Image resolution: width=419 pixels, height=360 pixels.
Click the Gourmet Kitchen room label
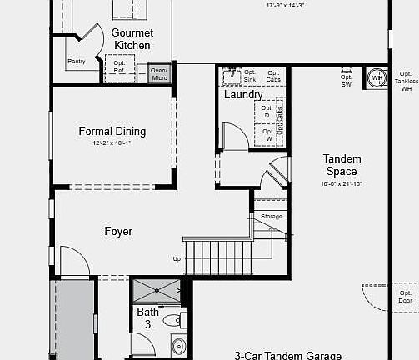pyautogui.click(x=132, y=38)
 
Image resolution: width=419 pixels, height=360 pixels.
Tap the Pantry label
pyautogui.click(x=77, y=61)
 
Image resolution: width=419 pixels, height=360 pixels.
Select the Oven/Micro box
pyautogui.click(x=159, y=74)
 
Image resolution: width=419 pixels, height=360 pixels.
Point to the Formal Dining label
pyautogui.click(x=112, y=131)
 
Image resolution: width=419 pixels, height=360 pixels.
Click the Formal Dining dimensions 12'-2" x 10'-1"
pyautogui.click(x=112, y=143)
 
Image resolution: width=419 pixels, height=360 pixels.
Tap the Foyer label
pyautogui.click(x=117, y=231)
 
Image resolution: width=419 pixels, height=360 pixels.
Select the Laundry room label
pyautogui.click(x=243, y=94)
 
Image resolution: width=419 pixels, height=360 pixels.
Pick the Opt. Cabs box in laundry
pyautogui.click(x=272, y=76)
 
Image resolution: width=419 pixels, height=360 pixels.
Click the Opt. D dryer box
pyautogui.click(x=267, y=112)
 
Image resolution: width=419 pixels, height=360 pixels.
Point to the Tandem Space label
pyautogui.click(x=341, y=164)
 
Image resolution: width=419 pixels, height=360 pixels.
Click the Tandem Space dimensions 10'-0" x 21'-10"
pyautogui.click(x=341, y=183)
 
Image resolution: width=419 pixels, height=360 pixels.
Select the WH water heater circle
pyautogui.click(x=377, y=78)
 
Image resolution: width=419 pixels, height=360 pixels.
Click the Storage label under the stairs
pyautogui.click(x=272, y=217)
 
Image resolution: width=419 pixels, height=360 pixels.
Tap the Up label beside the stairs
pyautogui.click(x=177, y=259)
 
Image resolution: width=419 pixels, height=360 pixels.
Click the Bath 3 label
pyautogui.click(x=147, y=318)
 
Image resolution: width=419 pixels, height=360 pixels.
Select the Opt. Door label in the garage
pyautogui.click(x=405, y=297)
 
